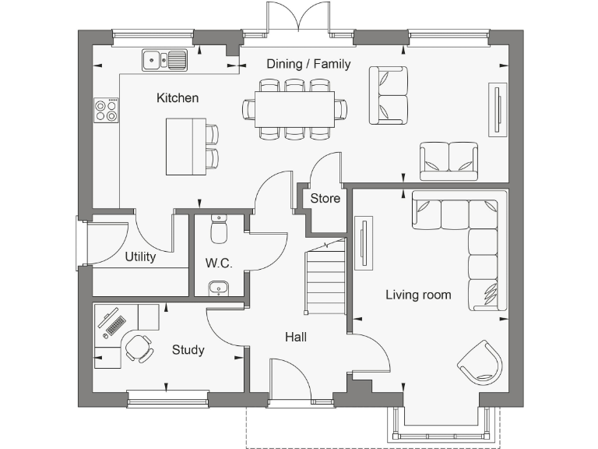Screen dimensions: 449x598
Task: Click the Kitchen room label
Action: point(178,98)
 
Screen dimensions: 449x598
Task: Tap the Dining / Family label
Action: point(308,64)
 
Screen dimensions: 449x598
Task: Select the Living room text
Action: point(418,295)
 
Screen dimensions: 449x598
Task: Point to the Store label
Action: point(325,199)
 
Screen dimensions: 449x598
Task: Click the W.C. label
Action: point(219,263)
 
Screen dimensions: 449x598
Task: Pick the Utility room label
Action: point(140,256)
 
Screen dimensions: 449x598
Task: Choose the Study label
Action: point(188,350)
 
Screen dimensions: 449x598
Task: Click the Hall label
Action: point(295,338)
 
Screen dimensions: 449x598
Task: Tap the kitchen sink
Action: point(164,59)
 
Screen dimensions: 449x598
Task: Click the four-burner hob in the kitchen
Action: point(107,110)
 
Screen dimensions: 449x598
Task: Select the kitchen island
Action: point(185,147)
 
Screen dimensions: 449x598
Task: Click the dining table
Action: point(295,109)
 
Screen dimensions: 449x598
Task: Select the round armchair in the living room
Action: point(481,362)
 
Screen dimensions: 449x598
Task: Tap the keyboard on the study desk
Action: point(114,321)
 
